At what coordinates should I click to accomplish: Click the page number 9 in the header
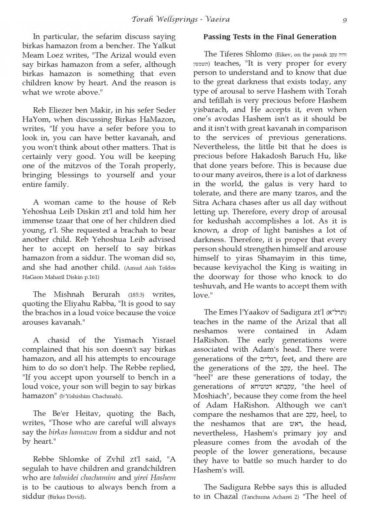344,20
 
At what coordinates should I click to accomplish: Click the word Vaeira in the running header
217,20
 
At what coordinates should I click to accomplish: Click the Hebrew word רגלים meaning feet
270,359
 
